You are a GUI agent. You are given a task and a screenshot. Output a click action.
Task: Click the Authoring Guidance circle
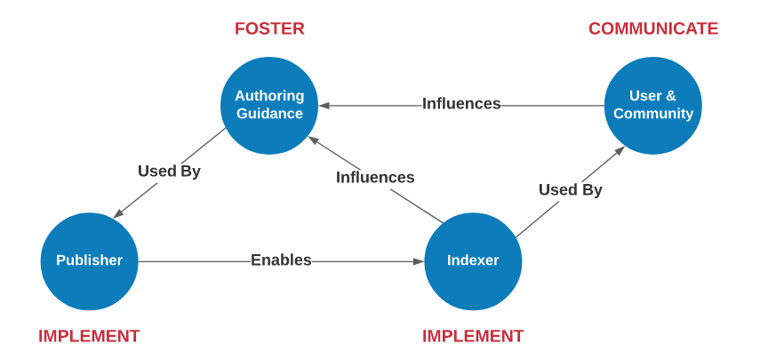(x=269, y=106)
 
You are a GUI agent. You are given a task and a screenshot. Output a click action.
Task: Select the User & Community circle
(x=652, y=106)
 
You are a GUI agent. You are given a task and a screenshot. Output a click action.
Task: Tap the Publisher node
(x=89, y=261)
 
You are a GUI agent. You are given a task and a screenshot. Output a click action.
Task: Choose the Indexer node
(x=473, y=261)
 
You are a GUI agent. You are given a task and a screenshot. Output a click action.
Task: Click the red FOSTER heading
(x=269, y=28)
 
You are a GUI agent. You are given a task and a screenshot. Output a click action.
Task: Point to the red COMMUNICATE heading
(x=653, y=28)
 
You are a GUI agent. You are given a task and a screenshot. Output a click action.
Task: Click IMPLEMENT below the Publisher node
(x=89, y=336)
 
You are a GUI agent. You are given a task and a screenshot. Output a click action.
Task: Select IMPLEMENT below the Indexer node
(x=473, y=336)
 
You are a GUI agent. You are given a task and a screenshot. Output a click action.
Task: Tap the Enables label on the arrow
(x=281, y=260)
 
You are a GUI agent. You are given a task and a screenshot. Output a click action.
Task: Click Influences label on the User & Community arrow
(x=461, y=104)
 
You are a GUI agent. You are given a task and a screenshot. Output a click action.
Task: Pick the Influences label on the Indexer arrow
(x=375, y=178)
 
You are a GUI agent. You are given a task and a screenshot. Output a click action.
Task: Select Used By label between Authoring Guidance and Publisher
(x=169, y=172)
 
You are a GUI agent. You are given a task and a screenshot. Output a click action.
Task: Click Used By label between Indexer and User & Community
(x=571, y=190)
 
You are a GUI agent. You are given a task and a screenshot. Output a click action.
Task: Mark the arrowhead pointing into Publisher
(x=118, y=213)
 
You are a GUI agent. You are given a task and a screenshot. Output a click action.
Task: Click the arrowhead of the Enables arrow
(x=419, y=261)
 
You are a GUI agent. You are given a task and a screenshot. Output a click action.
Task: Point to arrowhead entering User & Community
(x=620, y=150)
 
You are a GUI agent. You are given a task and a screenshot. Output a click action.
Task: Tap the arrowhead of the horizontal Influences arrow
(x=324, y=106)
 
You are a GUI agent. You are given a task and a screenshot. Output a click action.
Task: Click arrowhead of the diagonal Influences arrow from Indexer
(x=314, y=140)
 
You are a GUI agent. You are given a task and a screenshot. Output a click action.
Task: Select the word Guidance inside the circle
(x=269, y=114)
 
